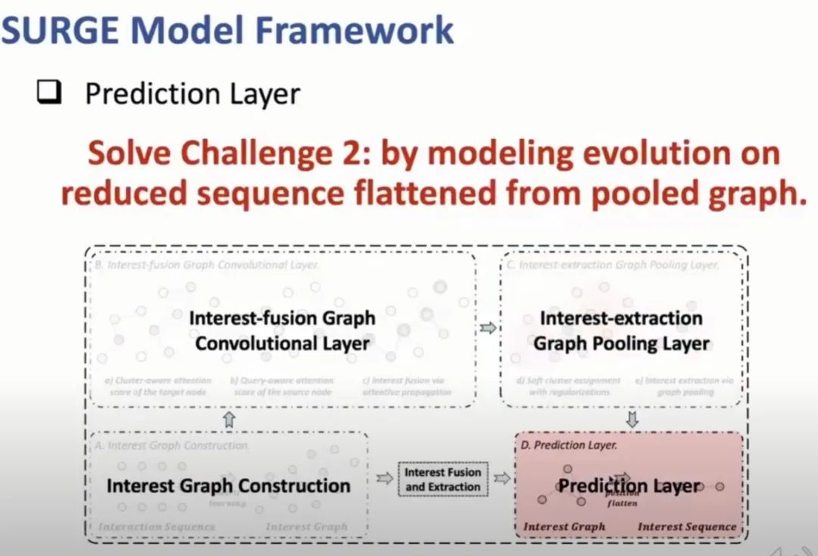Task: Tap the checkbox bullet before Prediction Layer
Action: (48, 95)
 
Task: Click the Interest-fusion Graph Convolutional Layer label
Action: (282, 331)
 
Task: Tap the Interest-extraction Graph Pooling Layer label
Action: (621, 331)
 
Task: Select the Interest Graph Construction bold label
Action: (228, 486)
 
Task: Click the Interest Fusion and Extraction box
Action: (443, 479)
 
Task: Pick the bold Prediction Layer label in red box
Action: (629, 486)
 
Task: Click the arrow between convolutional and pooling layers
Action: (488, 328)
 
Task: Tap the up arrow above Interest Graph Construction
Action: (229, 419)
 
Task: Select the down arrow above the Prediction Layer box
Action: (632, 419)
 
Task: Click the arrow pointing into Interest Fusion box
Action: (385, 478)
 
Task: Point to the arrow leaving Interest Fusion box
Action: (501, 478)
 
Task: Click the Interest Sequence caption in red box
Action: (686, 526)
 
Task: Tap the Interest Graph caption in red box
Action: (564, 526)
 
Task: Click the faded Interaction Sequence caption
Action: (157, 526)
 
